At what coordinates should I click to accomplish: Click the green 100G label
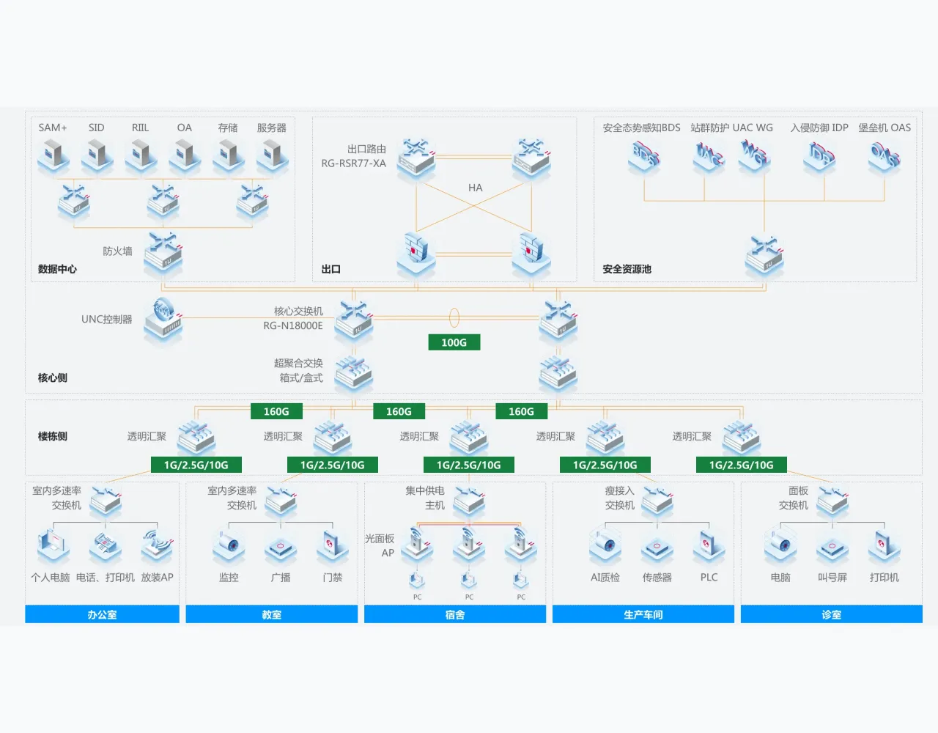point(454,342)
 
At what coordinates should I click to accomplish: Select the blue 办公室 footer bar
point(102,614)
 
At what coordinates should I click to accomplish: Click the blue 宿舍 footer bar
point(454,614)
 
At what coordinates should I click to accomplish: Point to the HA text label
point(475,188)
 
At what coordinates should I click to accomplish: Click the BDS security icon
point(644,156)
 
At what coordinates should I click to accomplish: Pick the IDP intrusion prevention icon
point(819,156)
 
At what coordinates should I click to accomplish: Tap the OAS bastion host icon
point(884,156)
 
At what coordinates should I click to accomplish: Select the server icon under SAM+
point(53,155)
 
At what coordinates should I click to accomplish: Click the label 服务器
point(271,128)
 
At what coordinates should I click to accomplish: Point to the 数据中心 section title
point(57,269)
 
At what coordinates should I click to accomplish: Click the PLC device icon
point(708,546)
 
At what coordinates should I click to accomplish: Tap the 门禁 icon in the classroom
point(332,546)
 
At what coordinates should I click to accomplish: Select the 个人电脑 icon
point(52,546)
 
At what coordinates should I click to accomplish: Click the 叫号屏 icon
point(832,546)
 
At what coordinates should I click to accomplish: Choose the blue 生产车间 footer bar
point(643,614)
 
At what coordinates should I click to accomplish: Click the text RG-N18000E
point(293,325)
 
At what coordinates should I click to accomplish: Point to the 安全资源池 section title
point(627,269)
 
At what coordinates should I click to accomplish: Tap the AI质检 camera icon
point(605,546)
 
